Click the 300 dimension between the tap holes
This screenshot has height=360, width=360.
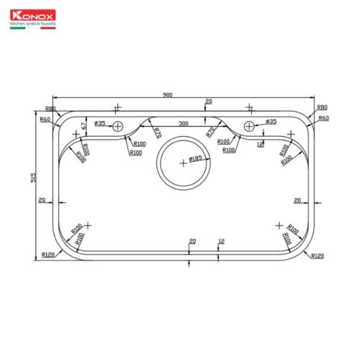tap(183, 124)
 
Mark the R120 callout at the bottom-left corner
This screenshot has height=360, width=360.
tap(48, 255)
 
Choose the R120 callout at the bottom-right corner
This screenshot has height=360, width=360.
tap(319, 256)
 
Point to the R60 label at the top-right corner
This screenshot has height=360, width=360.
tap(323, 117)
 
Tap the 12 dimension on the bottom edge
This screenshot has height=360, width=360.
tap(221, 242)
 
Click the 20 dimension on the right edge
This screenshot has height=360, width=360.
tap(297, 200)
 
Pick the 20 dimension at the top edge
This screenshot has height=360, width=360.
tap(209, 102)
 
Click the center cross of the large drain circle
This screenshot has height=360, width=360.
tap(183, 163)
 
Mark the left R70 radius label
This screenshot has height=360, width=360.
tap(157, 132)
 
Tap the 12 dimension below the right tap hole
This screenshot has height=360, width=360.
tap(261, 144)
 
